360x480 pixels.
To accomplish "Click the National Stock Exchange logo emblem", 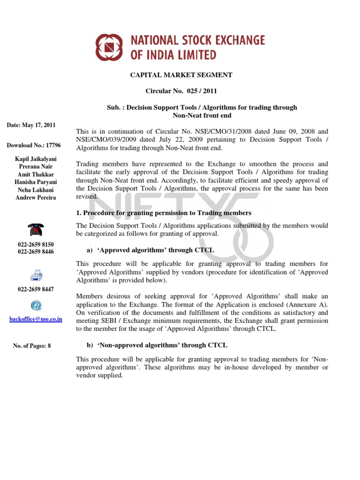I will click(x=109, y=47).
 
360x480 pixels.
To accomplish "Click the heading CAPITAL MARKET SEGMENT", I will click(x=180, y=75).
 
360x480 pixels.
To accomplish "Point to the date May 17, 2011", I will click(x=31, y=125).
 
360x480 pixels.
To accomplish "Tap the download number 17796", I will click(x=33, y=145).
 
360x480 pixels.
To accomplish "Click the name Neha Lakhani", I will click(x=36, y=190).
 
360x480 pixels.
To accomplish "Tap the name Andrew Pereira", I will click(x=36, y=197).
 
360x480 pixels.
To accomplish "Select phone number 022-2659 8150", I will click(x=36, y=245).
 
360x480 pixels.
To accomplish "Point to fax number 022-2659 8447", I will click(x=36, y=289).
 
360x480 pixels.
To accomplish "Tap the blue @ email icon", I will click(x=36, y=306).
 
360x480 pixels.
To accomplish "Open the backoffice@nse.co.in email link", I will click(x=36, y=319).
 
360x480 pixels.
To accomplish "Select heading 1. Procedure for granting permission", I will click(x=164, y=213).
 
